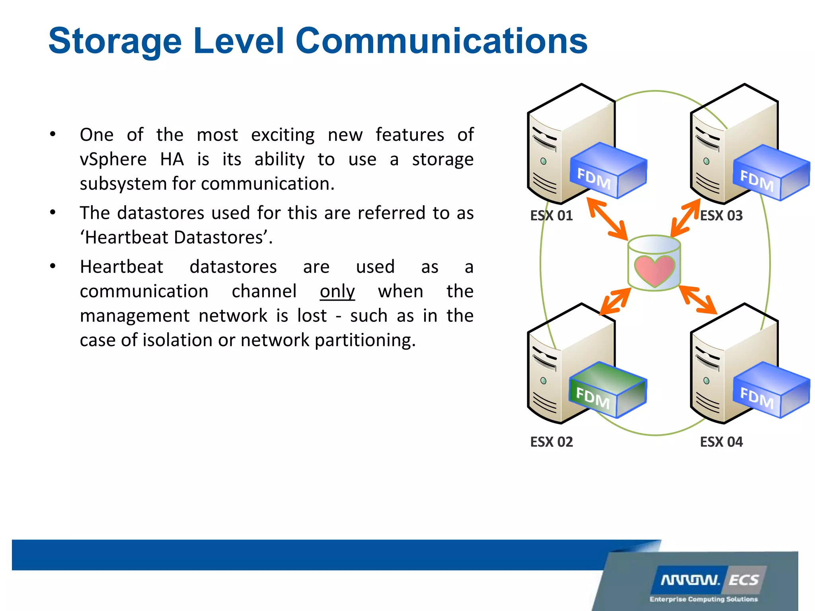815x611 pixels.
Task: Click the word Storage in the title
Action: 115,41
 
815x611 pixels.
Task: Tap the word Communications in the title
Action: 441,41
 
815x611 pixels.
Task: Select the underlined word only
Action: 337,292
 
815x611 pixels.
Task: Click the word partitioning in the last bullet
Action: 365,341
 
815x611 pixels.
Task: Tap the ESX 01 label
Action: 551,216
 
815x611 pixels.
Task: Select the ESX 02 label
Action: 551,442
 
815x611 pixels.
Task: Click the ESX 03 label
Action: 721,216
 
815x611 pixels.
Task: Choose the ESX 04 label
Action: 721,442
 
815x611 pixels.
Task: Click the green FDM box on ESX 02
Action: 607,390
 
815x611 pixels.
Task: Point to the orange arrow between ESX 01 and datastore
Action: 607,219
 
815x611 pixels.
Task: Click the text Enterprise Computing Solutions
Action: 703,599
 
